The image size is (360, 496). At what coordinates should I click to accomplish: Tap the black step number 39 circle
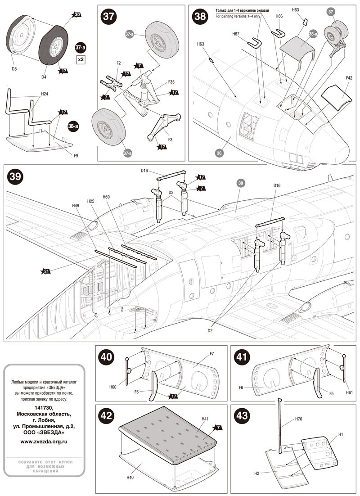15,176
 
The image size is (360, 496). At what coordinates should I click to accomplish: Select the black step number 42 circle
106,415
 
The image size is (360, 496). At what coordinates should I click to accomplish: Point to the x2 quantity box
81,59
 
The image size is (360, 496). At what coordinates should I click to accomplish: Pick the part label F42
349,77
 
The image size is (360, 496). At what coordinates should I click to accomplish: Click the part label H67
236,34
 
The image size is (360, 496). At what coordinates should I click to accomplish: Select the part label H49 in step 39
76,205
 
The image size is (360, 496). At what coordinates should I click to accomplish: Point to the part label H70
299,419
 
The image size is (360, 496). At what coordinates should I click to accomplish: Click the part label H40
130,478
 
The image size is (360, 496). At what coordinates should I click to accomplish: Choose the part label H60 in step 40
113,387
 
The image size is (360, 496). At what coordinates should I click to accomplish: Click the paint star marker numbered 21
46,271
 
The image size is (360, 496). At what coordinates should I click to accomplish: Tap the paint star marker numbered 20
77,14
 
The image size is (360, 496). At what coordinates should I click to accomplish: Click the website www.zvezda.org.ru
44,442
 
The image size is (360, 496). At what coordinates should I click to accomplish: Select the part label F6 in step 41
241,387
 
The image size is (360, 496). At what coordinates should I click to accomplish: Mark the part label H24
45,94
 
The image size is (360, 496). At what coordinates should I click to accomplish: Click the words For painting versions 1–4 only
238,16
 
